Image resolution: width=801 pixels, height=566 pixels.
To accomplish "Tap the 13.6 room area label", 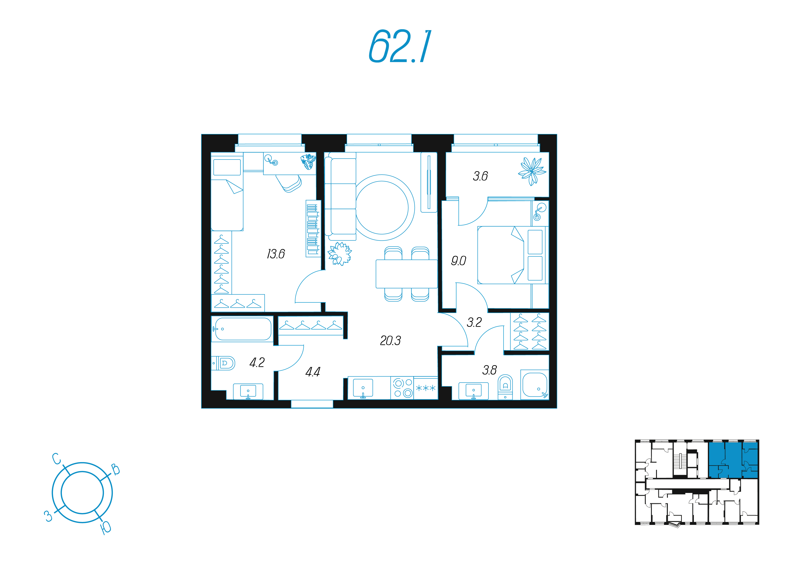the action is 276,254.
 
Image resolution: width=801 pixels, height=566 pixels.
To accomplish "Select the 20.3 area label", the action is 390,340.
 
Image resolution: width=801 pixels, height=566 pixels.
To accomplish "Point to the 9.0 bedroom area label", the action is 458,260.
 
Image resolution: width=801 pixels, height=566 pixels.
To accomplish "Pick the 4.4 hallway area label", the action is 313,372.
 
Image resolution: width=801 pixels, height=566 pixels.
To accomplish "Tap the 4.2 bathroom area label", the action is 257,362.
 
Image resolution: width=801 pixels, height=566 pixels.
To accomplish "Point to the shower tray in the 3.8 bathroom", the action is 535,384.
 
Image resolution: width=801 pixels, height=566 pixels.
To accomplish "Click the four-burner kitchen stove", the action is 402,388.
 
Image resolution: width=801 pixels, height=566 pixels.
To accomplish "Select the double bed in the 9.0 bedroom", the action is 513,255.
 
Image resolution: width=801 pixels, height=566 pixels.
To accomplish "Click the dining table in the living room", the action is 406,274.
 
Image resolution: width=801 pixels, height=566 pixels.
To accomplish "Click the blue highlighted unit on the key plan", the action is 733,460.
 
